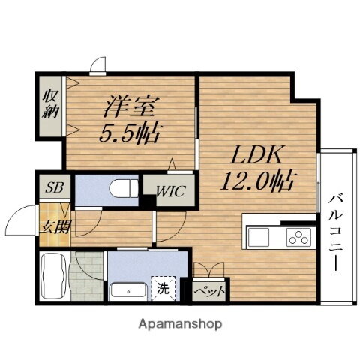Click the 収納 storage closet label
click(x=49, y=103)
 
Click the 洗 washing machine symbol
click(x=163, y=287)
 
